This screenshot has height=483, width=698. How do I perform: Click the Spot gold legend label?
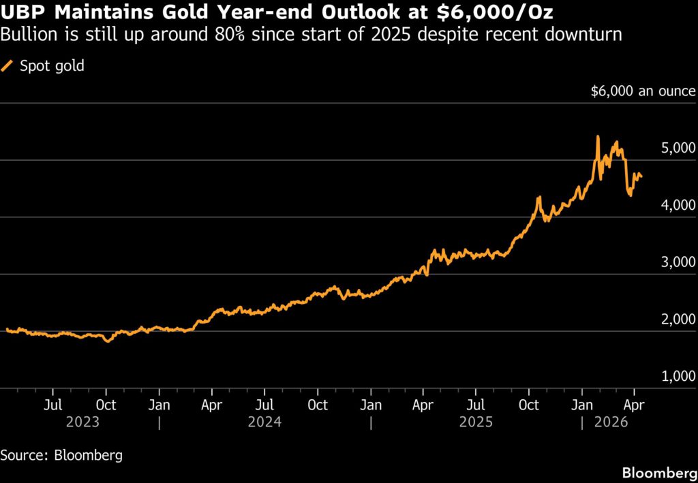coord(52,66)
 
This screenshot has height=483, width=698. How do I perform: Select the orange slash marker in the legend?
coord(9,66)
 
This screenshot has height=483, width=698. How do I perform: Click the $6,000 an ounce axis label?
coord(643,91)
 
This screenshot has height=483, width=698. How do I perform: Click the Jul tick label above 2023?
coord(53,405)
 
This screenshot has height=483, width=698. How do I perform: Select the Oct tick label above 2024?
coord(318,405)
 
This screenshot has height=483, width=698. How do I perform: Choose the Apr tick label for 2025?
coord(423,405)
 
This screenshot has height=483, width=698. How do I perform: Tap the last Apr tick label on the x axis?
coord(635,405)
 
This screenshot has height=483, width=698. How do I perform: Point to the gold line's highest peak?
coord(598,136)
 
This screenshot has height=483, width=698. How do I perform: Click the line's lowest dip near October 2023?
coord(107,341)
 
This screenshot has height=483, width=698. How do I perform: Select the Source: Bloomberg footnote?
coord(62,454)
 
